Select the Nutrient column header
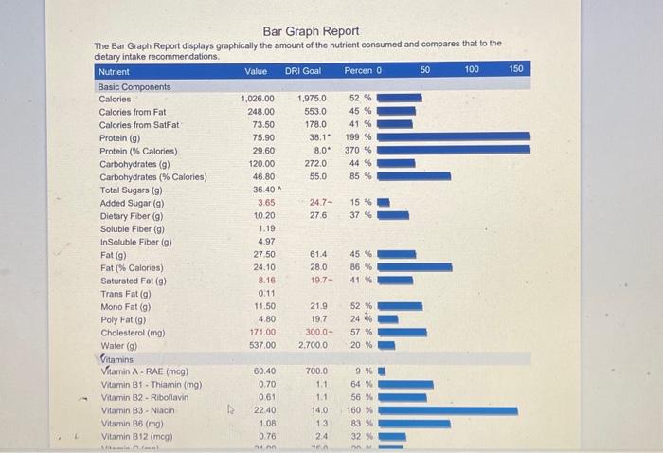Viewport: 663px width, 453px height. (x=114, y=71)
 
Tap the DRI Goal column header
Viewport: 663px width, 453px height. (x=303, y=71)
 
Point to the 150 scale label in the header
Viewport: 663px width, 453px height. (x=516, y=71)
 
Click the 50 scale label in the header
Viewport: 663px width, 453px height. (x=426, y=71)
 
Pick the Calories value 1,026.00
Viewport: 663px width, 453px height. (x=257, y=98)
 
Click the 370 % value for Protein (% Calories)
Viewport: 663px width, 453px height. (x=359, y=150)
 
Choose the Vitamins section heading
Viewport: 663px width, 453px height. (x=117, y=358)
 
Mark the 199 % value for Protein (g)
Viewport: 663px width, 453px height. (x=359, y=136)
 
